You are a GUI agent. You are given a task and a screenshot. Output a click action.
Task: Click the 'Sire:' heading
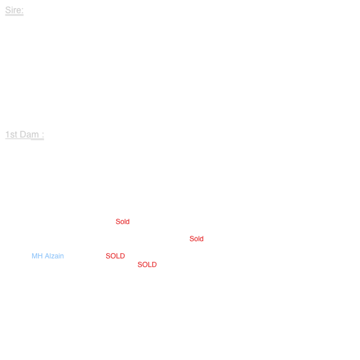[x=14, y=10]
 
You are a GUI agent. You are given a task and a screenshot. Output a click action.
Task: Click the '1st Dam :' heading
[x=24, y=135]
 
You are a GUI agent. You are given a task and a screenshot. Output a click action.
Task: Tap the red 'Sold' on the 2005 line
[x=123, y=222]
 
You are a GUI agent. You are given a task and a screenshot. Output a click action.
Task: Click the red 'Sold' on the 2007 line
[x=197, y=239]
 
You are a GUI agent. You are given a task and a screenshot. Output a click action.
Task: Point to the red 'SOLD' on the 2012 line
[x=147, y=265]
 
